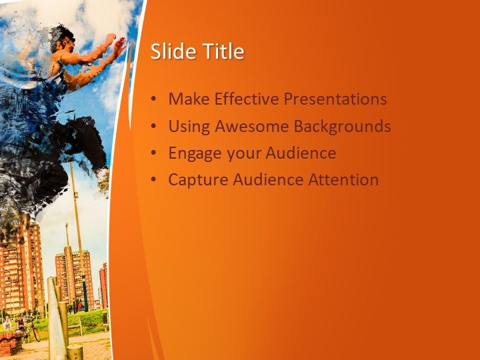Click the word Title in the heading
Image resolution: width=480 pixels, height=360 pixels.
click(x=225, y=51)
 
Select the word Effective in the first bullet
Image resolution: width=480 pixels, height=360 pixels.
click(x=247, y=99)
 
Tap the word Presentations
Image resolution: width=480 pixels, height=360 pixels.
click(x=335, y=99)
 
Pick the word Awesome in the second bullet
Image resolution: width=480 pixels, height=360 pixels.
click(x=251, y=126)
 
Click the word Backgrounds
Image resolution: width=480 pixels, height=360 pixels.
click(x=342, y=127)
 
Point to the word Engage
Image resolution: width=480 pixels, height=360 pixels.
click(x=191, y=153)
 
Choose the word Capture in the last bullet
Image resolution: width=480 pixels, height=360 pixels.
click(x=198, y=180)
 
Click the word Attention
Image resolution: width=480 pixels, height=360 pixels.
click(x=343, y=179)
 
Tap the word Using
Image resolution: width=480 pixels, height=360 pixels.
click(x=189, y=127)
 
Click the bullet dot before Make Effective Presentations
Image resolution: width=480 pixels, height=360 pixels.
click(x=153, y=99)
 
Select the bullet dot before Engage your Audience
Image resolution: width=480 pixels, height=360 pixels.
click(x=153, y=153)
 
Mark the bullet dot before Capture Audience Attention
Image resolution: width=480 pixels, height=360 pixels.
click(x=153, y=180)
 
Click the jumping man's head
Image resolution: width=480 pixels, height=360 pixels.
click(x=62, y=39)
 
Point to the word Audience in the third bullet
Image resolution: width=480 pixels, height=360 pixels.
click(x=301, y=153)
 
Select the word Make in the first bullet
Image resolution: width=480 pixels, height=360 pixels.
click(x=189, y=99)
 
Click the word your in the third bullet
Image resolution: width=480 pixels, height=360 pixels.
click(x=240, y=155)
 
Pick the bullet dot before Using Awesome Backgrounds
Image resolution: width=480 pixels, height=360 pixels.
click(x=153, y=126)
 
